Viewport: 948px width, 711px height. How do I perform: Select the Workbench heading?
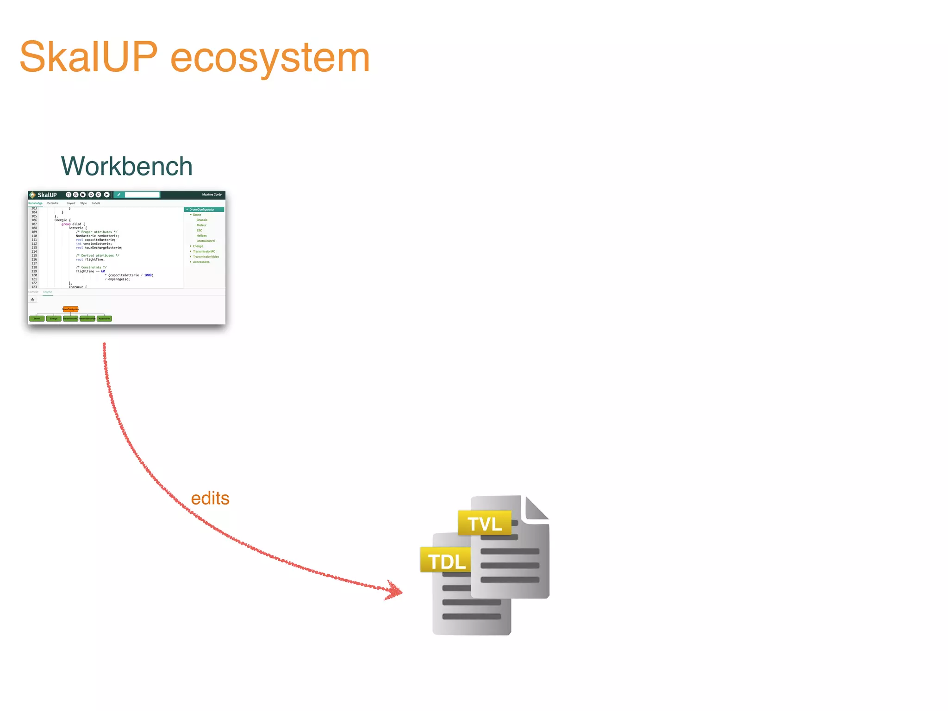pos(126,166)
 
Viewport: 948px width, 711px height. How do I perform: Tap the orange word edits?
pos(210,499)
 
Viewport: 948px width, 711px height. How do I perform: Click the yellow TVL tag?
pos(485,524)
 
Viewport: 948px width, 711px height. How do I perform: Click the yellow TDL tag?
pos(446,561)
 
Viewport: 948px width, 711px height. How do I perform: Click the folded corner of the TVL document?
pos(536,508)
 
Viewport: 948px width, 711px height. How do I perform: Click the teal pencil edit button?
pos(118,195)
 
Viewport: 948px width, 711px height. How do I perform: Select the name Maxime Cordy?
pos(212,195)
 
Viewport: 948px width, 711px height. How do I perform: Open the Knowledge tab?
pos(35,203)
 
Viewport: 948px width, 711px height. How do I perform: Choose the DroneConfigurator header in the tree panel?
pos(202,210)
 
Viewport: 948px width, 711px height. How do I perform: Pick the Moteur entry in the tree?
pos(201,225)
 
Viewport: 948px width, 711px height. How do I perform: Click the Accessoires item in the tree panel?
pos(201,262)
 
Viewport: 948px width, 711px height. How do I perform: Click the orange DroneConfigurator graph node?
pos(70,309)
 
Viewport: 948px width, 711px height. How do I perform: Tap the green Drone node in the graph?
pos(37,318)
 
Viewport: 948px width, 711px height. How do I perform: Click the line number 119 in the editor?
pos(34,271)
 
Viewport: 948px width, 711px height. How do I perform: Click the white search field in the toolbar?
pos(142,195)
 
